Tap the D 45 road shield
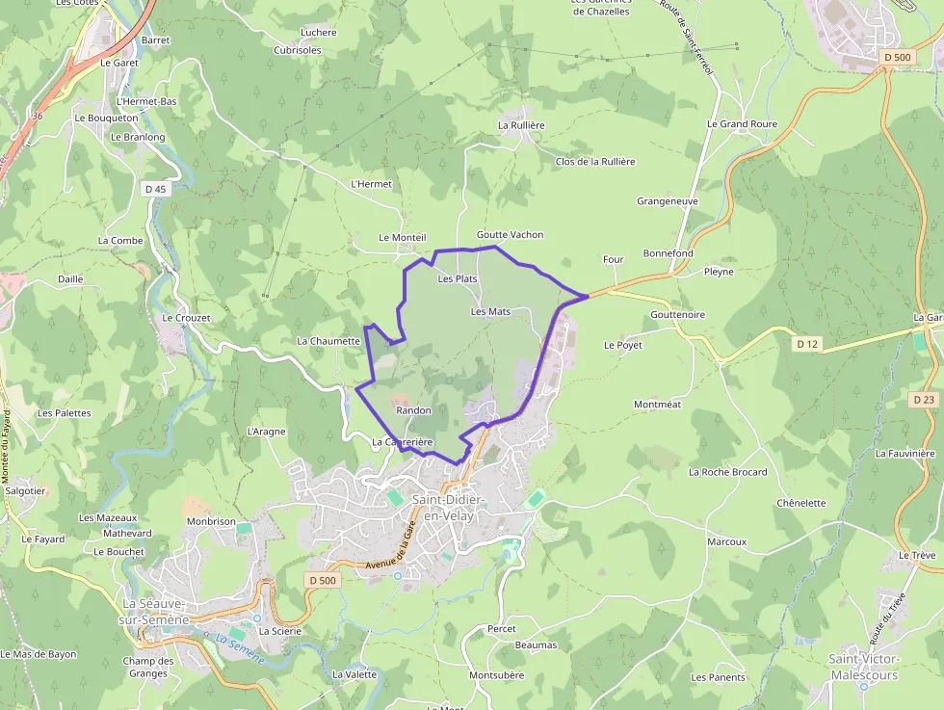click(x=155, y=189)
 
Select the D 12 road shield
click(x=806, y=343)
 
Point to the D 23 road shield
click(x=923, y=399)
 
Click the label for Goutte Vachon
click(x=510, y=235)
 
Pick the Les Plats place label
click(x=458, y=279)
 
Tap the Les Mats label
click(x=490, y=312)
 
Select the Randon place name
click(x=413, y=410)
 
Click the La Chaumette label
click(x=328, y=341)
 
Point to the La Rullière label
click(x=521, y=125)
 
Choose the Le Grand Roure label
click(x=742, y=124)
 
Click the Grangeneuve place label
click(x=668, y=201)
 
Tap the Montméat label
click(x=657, y=405)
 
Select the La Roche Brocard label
click(x=728, y=472)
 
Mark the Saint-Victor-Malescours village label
click(x=864, y=667)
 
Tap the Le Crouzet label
click(x=186, y=318)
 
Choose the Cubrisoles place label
click(x=298, y=50)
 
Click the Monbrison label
click(x=211, y=521)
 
